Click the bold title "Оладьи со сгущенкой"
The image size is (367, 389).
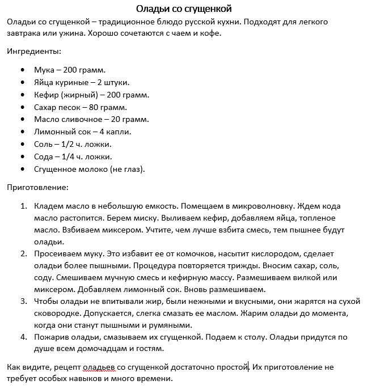tap(184, 9)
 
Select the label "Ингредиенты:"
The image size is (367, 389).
tap(33, 51)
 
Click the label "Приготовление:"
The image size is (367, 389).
tap(37, 187)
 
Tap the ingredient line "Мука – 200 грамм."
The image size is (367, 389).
tap(70, 70)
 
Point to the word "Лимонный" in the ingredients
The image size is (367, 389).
tap(53, 132)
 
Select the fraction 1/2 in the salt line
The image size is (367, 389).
tap(69, 145)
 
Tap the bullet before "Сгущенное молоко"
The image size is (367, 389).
tap(22, 170)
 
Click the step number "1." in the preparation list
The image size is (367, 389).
tap(24, 206)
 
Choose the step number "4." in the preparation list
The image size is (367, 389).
tap(24, 337)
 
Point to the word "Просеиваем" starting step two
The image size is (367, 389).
tap(58, 253)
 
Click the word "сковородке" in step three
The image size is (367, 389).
tap(57, 313)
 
